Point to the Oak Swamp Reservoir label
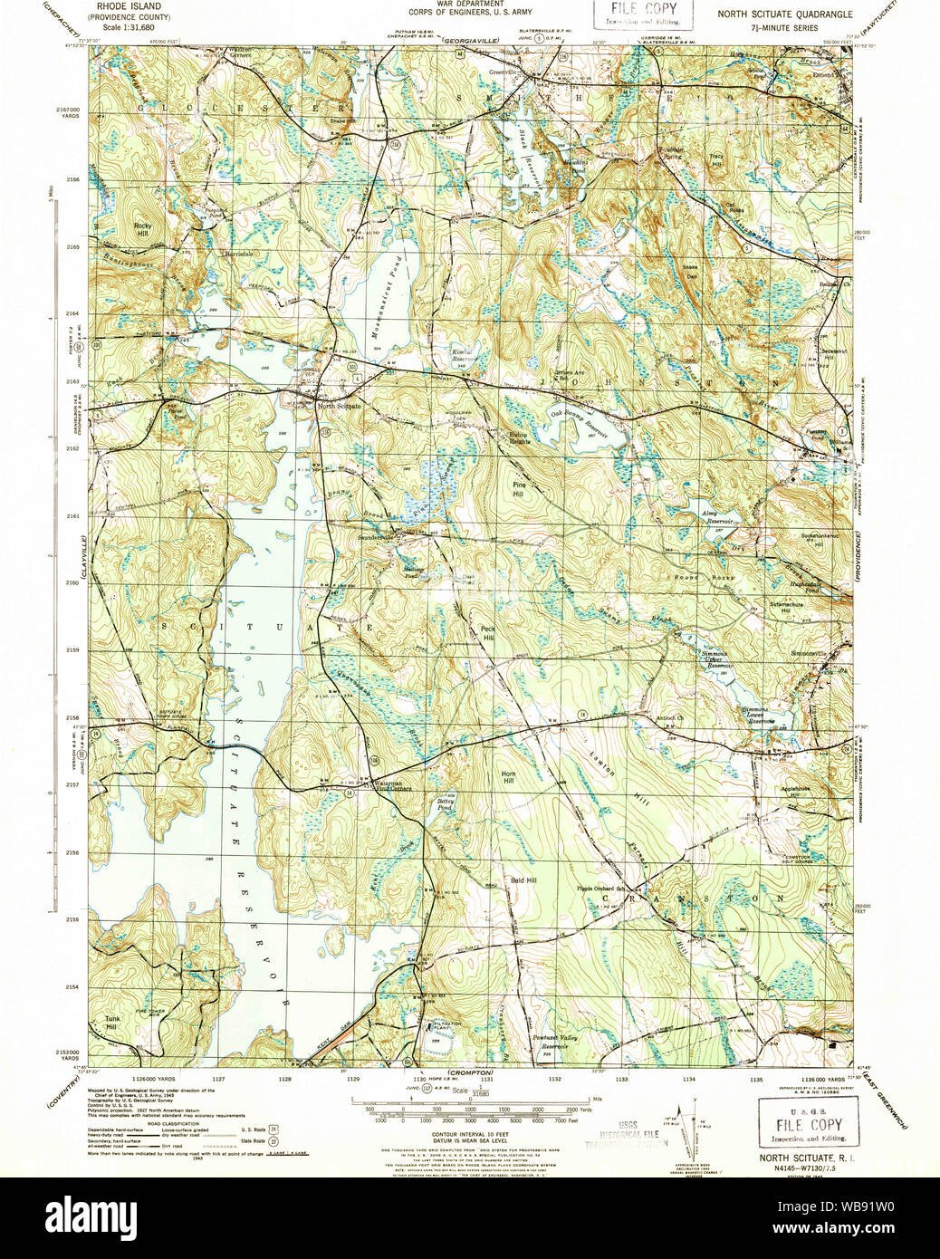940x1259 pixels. coord(580,425)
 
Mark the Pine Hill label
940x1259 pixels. coord(518,489)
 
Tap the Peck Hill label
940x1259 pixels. coord(488,633)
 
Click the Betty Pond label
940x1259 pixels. coord(444,802)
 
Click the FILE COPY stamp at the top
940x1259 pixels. coord(644,13)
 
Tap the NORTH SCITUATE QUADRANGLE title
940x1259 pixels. coord(784,14)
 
